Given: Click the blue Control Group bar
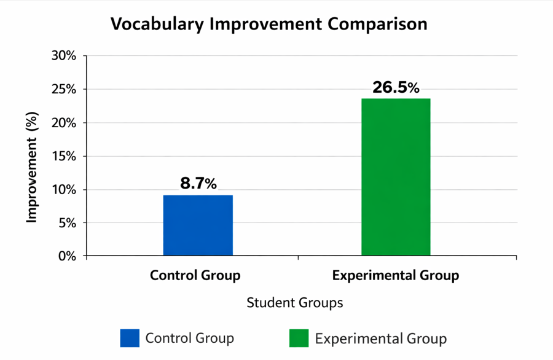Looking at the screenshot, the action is pyautogui.click(x=198, y=225).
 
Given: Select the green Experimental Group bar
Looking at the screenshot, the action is pyautogui.click(x=396, y=177).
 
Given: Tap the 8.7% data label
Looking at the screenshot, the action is pyautogui.click(x=198, y=183).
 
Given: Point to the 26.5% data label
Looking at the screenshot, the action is pyautogui.click(x=396, y=87).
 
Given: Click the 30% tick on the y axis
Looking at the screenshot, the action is pyautogui.click(x=64, y=55).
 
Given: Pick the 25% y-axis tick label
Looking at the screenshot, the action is pyautogui.click(x=64, y=89).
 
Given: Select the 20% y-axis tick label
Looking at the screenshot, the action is pyautogui.click(x=64, y=123).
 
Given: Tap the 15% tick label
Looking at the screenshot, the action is pyautogui.click(x=64, y=156).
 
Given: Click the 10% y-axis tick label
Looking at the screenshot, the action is pyautogui.click(x=64, y=190).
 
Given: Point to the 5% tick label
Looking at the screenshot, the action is pyautogui.click(x=67, y=223).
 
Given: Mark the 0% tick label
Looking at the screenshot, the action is pyautogui.click(x=67, y=256).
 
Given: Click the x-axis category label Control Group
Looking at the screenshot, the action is pyautogui.click(x=195, y=275).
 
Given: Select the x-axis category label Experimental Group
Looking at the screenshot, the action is pyautogui.click(x=396, y=275).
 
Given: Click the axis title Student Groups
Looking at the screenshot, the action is pyautogui.click(x=295, y=303).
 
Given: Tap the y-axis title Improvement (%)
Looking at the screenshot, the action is pyautogui.click(x=32, y=168).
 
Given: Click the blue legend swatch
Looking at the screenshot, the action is pyautogui.click(x=130, y=338).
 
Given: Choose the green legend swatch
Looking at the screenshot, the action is pyautogui.click(x=299, y=338).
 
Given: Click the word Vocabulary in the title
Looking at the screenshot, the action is pyautogui.click(x=157, y=25).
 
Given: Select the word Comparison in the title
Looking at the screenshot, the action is pyautogui.click(x=377, y=25).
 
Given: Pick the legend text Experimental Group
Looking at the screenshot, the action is pyautogui.click(x=381, y=339).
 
